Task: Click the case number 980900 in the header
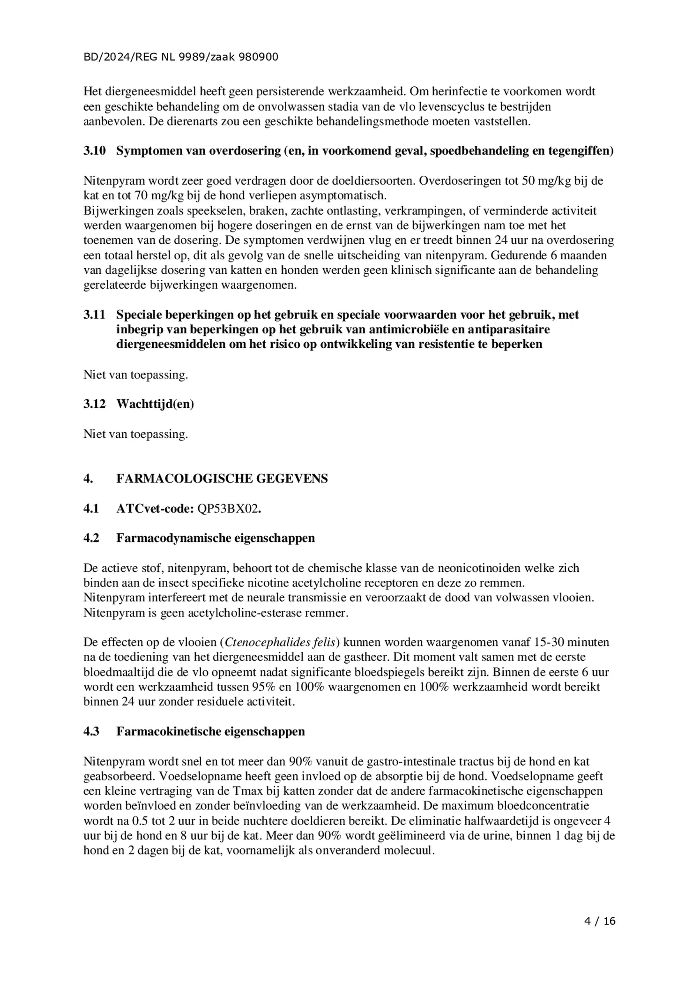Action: (x=258, y=57)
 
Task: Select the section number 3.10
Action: (x=95, y=151)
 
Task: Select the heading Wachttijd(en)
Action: (x=155, y=404)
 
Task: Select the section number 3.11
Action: (x=95, y=315)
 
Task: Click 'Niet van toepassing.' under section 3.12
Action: (x=135, y=434)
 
